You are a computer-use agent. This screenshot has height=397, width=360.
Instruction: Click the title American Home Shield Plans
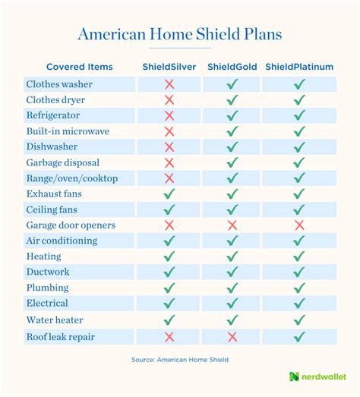(180, 34)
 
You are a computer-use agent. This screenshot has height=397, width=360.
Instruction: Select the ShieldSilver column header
(169, 67)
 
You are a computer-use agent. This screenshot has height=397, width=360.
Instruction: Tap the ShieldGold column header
(232, 67)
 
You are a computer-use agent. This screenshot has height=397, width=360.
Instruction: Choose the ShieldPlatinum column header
(299, 67)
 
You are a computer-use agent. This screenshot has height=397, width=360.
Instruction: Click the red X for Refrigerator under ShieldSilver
(169, 115)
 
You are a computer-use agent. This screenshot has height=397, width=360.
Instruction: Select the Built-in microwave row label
(68, 131)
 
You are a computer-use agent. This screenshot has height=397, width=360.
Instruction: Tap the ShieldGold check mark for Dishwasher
(232, 147)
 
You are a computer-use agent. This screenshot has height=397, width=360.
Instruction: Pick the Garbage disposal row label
(63, 162)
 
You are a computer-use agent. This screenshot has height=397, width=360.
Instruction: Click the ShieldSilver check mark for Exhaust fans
(169, 194)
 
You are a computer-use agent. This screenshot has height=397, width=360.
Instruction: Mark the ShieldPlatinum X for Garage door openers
(299, 225)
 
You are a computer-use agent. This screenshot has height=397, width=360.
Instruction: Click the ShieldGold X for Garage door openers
(232, 225)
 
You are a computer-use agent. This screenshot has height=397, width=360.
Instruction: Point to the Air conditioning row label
(62, 241)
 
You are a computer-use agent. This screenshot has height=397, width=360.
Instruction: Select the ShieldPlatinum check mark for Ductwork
(299, 272)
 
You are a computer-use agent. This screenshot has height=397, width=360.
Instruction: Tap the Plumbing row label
(48, 288)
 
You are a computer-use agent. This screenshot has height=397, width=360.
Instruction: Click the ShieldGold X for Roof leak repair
(232, 336)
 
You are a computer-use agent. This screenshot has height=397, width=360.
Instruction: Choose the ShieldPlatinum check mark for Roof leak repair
(299, 336)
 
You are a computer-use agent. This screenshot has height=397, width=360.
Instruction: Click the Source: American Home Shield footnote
(180, 358)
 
